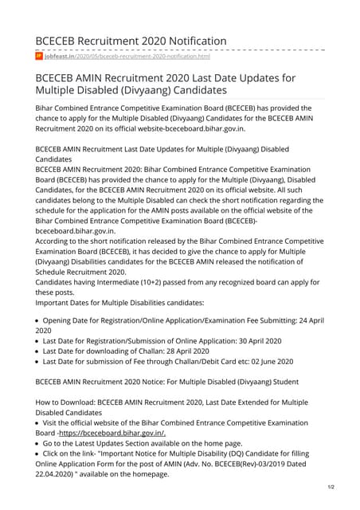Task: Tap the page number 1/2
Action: pos(330,485)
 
